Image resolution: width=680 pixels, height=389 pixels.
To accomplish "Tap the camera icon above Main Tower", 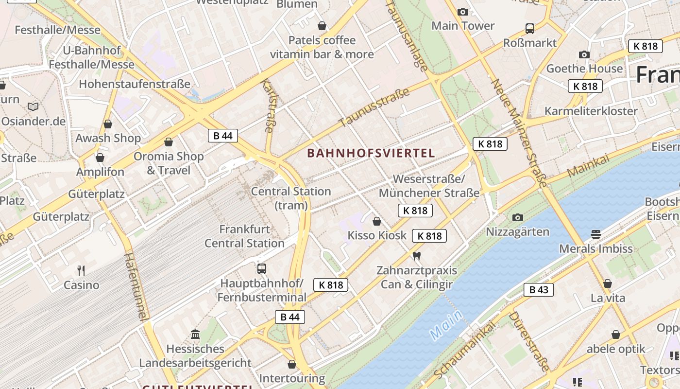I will pos(463,12).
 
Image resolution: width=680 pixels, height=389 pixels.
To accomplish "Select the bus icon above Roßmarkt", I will pos(529,29).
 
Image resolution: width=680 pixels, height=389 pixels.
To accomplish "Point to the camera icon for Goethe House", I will pos(584,54).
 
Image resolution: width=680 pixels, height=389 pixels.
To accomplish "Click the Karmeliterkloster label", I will pos(591,111).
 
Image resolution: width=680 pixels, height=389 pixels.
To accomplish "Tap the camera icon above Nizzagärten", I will pos(518,217).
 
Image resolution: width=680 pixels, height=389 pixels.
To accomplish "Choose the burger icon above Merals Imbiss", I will pos(596,234).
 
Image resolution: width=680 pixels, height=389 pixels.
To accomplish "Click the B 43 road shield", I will pos(538,290).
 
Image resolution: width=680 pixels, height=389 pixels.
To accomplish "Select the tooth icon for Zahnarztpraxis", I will pos(416,256).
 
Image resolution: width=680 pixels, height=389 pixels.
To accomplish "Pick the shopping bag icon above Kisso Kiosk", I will pos(376,222).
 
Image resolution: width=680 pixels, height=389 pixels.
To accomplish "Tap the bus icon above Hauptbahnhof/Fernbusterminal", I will pos(261,268).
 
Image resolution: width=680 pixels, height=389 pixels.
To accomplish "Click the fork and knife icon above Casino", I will pos(81,270).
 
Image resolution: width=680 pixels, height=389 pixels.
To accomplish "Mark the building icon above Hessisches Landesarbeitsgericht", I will pos(195,334).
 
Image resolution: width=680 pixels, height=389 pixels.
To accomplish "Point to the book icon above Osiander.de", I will pos(33,106).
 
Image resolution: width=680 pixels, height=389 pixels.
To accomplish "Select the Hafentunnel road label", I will pos(135,286).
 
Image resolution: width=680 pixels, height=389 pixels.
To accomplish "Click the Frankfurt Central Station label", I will pos(244,236).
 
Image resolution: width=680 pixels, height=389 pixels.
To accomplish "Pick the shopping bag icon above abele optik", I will pos(615,335).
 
